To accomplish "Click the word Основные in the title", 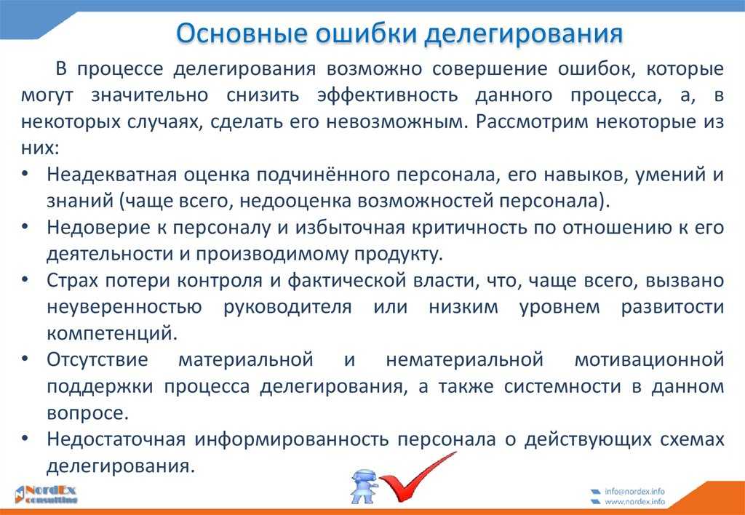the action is pos(240,33).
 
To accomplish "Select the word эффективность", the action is pos(387,95).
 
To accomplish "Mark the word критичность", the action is pos(469,228).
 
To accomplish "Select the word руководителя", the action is pos(287,308).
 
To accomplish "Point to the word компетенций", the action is pos(112,334).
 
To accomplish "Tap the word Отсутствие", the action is pos(97,359).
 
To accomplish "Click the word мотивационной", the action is pos(649,359).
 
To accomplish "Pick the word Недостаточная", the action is pos(116,439).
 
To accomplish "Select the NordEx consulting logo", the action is pos(46,494).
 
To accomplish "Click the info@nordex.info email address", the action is pos(634,491).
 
